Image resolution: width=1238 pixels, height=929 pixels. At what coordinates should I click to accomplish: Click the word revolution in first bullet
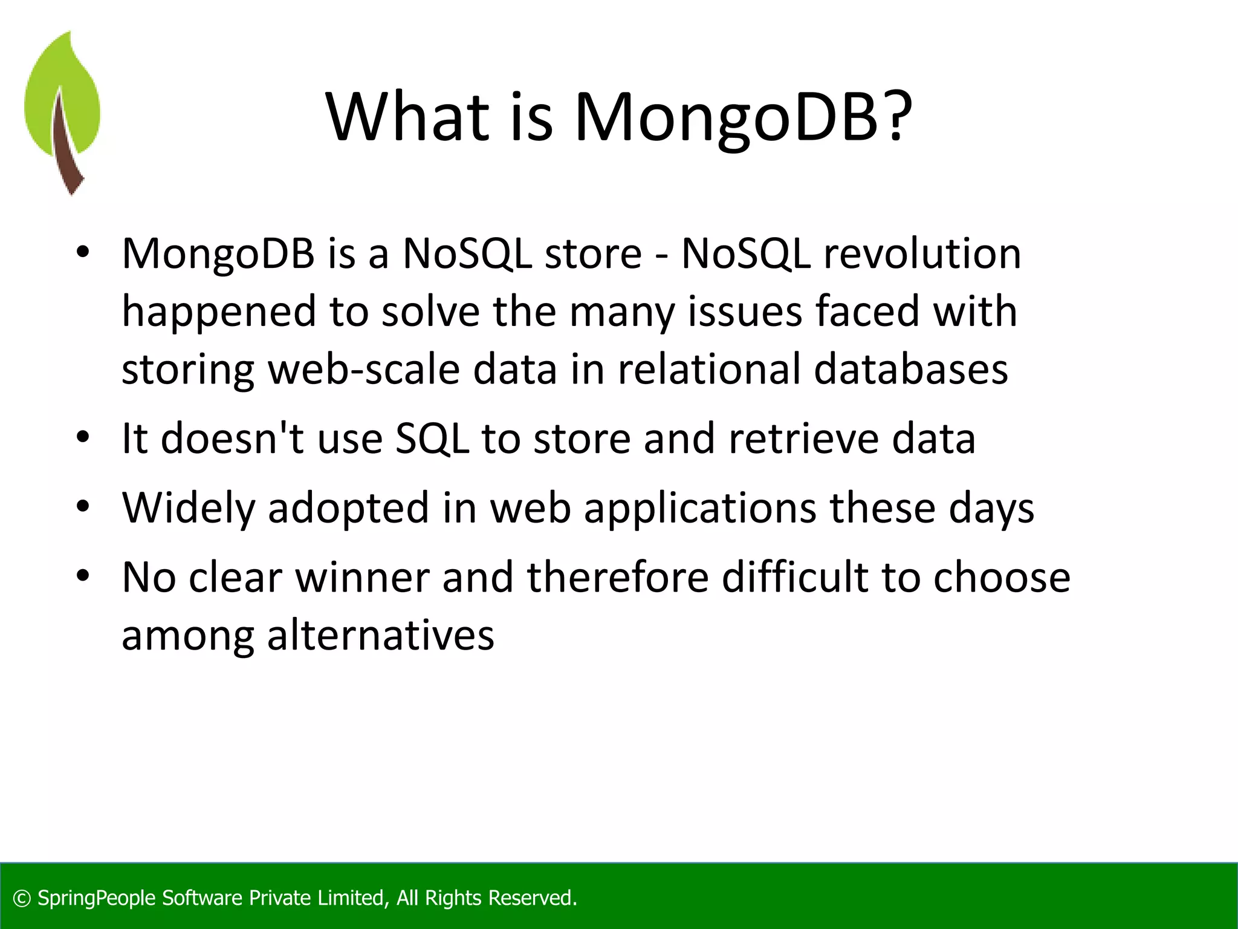pyautogui.click(x=922, y=253)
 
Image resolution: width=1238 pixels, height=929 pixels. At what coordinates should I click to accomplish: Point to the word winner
pyautogui.click(x=362, y=578)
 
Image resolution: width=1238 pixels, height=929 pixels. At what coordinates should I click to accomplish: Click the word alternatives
pyautogui.click(x=381, y=636)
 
